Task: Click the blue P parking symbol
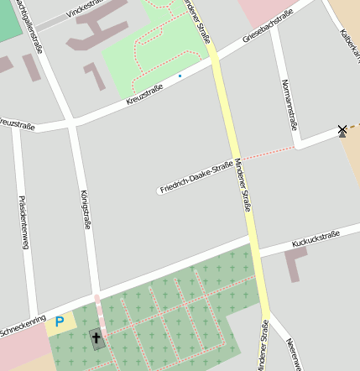(x=59, y=321)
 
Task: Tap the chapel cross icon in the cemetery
(x=97, y=339)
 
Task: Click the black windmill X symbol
(x=342, y=130)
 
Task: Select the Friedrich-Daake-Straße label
(x=196, y=177)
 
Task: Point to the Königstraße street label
(x=85, y=210)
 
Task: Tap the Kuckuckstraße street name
(x=315, y=239)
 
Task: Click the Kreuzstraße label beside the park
(x=143, y=95)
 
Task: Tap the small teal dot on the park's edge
(x=179, y=76)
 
